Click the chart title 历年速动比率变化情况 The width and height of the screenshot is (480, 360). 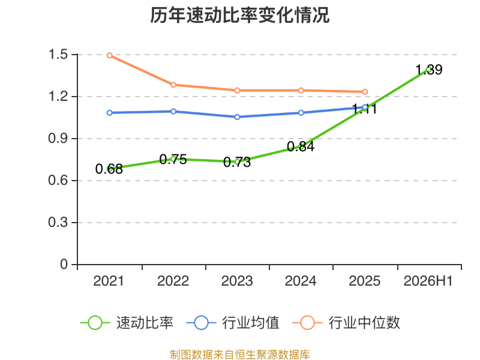click(239, 15)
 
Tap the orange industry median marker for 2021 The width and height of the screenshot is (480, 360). click(109, 55)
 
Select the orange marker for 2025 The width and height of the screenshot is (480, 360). click(365, 92)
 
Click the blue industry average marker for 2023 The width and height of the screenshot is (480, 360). click(237, 117)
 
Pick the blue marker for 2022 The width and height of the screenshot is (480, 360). click(173, 112)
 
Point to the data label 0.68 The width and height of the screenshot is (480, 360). click(109, 169)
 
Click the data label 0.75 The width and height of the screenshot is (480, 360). click(173, 159)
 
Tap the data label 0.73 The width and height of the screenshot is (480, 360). click(237, 162)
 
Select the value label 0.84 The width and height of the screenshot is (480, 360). click(301, 146)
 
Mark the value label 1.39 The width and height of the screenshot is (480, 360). click(429, 70)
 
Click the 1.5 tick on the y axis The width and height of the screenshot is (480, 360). click(58, 55)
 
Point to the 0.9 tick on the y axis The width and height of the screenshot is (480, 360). click(58, 139)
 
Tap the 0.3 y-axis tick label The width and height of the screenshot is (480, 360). click(58, 222)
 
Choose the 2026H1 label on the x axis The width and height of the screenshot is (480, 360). click(428, 281)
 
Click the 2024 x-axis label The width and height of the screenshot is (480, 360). click(301, 281)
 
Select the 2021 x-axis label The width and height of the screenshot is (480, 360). click(109, 281)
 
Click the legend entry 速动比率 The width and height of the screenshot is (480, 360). click(127, 323)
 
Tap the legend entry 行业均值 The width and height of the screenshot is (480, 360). click(233, 323)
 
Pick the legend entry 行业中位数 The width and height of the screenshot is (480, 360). click(346, 323)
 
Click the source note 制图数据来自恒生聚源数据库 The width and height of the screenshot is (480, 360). click(239, 355)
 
